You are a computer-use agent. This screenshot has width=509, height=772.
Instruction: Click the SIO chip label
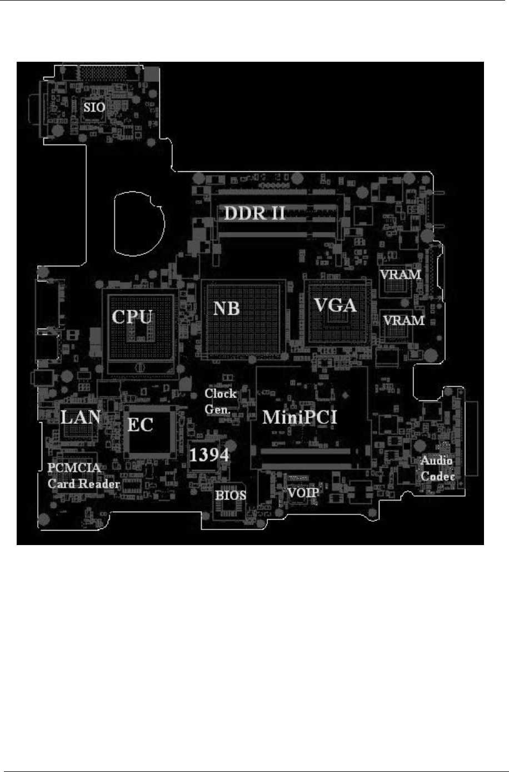coord(94,107)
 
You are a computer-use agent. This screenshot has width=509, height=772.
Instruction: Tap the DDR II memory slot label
coord(255,213)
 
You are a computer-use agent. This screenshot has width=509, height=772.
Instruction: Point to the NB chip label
coord(227,308)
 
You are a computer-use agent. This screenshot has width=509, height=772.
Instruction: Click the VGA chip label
coord(335,305)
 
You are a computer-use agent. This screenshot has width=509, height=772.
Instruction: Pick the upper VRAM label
coord(400,275)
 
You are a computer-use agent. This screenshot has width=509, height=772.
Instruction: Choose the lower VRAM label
coord(404,320)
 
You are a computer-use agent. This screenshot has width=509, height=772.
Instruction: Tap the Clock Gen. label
coord(221,400)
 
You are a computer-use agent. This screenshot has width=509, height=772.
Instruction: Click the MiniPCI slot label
coord(300,417)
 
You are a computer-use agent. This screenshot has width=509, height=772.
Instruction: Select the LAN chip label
coord(80,417)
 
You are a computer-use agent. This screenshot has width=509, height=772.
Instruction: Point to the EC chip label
coord(141,425)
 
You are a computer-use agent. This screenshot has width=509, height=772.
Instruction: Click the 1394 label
coord(209,455)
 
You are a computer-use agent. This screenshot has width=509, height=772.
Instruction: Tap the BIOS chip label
coord(231,495)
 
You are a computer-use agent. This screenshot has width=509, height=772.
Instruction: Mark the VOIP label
coord(303,493)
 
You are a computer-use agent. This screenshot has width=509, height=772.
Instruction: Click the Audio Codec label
coord(437,468)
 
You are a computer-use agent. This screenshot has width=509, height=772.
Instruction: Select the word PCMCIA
coord(74,468)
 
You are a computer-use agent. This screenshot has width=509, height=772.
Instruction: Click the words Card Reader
coord(83,483)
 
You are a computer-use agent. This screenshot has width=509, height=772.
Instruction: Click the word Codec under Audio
coord(438,477)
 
